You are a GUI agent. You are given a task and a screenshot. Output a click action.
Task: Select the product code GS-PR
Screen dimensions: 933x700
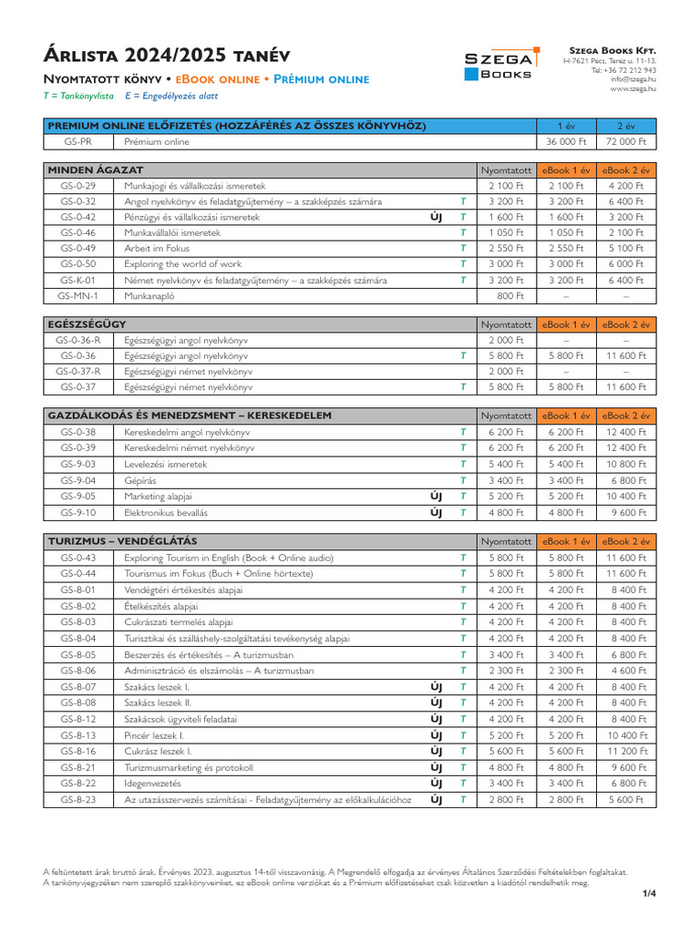(x=78, y=142)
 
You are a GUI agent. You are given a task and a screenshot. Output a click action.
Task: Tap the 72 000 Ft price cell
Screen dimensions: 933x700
(x=626, y=142)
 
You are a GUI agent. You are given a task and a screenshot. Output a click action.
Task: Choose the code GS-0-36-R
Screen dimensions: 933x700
(x=78, y=340)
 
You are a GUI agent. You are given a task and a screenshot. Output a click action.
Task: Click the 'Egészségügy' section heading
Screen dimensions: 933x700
(x=87, y=324)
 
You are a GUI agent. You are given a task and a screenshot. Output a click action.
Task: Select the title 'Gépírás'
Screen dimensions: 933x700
(x=141, y=480)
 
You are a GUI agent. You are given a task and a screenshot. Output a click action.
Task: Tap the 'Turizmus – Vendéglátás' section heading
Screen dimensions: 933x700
(x=123, y=541)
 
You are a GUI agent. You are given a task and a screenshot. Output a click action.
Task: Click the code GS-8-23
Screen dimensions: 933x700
(x=78, y=799)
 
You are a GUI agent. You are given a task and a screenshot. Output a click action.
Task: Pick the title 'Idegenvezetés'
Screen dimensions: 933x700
(x=153, y=784)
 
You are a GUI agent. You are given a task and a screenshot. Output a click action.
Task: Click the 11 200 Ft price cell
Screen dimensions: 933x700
(x=626, y=752)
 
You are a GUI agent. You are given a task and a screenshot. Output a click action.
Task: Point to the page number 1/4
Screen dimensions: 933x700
(x=649, y=893)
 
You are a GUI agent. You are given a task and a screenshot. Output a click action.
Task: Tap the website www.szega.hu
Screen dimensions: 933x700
(x=633, y=88)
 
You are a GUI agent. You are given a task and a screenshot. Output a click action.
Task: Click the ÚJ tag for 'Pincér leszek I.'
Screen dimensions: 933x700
(x=436, y=735)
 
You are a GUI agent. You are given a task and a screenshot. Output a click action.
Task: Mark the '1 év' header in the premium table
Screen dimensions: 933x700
(x=566, y=126)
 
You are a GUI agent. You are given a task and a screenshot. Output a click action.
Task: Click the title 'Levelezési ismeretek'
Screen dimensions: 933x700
(x=166, y=464)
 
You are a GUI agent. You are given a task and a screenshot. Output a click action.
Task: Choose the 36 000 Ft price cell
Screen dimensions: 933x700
(x=565, y=142)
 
